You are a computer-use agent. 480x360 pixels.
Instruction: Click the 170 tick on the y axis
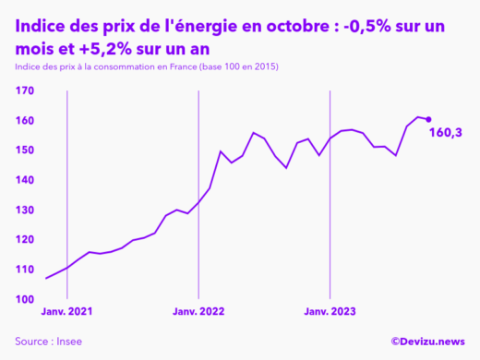(24, 90)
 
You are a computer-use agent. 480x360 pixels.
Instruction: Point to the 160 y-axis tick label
(24, 121)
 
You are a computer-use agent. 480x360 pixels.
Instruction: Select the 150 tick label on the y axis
(24, 150)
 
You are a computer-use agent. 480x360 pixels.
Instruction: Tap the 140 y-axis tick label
(24, 180)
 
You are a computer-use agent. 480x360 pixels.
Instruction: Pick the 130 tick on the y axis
(24, 210)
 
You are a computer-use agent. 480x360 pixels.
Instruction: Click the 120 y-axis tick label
(24, 240)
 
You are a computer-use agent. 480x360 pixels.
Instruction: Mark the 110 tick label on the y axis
(24, 270)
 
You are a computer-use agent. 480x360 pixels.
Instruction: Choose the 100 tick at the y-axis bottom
(24, 299)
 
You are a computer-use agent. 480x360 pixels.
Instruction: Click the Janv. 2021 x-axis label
(66, 313)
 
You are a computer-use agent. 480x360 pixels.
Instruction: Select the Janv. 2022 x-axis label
(198, 313)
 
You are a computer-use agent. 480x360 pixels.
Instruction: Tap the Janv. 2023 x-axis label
(330, 313)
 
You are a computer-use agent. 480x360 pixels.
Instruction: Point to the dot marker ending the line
(428, 119)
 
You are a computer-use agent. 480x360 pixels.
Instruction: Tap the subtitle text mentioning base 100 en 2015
(147, 68)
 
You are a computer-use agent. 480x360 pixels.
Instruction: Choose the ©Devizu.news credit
(427, 341)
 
